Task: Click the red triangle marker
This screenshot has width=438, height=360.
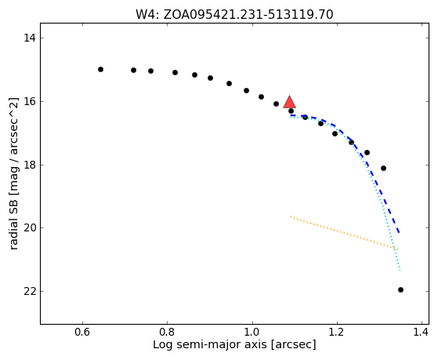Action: click(x=290, y=103)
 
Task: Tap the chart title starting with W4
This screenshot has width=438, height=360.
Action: click(x=234, y=15)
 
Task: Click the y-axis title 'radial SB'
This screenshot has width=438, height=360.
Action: click(x=13, y=173)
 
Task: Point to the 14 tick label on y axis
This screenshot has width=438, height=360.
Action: click(x=30, y=38)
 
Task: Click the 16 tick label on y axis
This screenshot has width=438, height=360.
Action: click(x=30, y=101)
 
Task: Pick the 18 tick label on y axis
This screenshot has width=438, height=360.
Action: click(x=30, y=165)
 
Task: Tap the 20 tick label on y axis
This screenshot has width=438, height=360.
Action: click(x=30, y=228)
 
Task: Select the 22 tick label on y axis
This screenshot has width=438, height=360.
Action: click(x=30, y=292)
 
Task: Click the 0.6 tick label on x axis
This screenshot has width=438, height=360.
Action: click(x=82, y=333)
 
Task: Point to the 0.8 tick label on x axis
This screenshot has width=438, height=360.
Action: click(x=167, y=333)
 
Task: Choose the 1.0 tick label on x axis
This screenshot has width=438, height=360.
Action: click(x=252, y=333)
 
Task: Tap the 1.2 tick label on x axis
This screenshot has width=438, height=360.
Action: click(x=337, y=333)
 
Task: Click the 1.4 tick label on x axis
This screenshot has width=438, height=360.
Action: click(x=421, y=333)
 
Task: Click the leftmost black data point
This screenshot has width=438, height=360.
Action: click(x=100, y=69)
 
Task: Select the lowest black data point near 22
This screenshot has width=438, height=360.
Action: click(x=400, y=289)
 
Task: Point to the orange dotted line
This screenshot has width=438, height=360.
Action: click(x=344, y=233)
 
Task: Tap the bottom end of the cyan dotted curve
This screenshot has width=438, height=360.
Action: click(x=400, y=271)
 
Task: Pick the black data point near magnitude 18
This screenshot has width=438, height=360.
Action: click(x=383, y=168)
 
